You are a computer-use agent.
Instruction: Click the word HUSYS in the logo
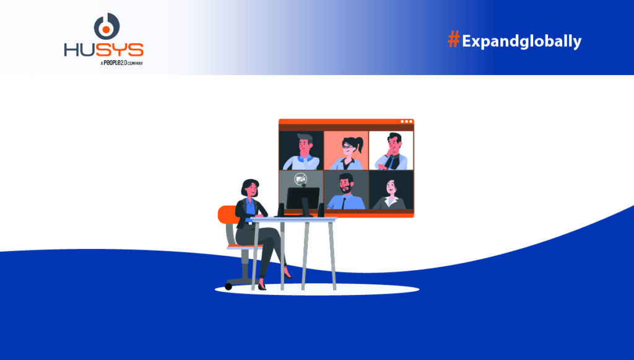(x=103, y=50)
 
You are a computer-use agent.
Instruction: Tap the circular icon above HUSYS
(x=106, y=26)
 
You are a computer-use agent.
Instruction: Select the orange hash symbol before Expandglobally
(x=453, y=40)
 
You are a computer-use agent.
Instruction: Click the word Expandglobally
(x=521, y=42)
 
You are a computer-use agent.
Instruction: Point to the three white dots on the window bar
(x=406, y=121)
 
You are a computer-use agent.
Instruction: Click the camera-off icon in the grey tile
(x=301, y=179)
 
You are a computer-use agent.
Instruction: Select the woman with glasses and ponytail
(x=345, y=151)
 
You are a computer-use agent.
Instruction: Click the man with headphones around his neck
(x=302, y=151)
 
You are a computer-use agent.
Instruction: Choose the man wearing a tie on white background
(x=391, y=151)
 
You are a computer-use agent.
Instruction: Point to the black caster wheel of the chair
(x=229, y=286)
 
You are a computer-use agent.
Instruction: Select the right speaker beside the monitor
(x=321, y=209)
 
